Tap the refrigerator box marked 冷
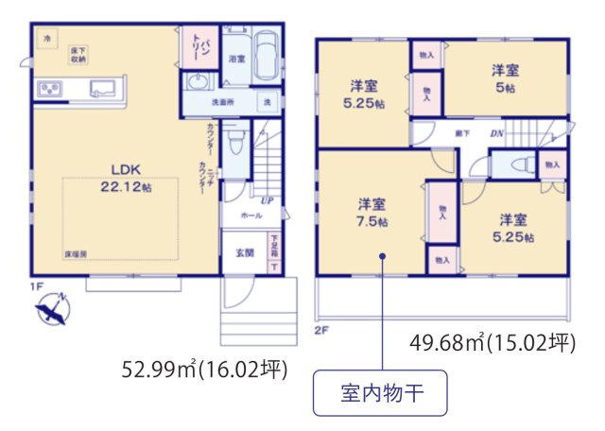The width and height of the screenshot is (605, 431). pyautogui.click(x=48, y=37)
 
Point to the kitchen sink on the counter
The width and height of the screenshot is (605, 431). pyautogui.click(x=100, y=89)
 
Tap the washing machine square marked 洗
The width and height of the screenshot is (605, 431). pyautogui.click(x=268, y=101)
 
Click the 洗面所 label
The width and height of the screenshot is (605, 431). pyautogui.click(x=223, y=101)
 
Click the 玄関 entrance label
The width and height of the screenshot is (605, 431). pyautogui.click(x=244, y=251)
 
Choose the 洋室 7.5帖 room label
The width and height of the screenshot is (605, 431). pyautogui.click(x=371, y=212)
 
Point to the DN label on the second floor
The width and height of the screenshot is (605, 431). pyautogui.click(x=496, y=134)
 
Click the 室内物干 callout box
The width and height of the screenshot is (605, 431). pyautogui.click(x=379, y=395)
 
